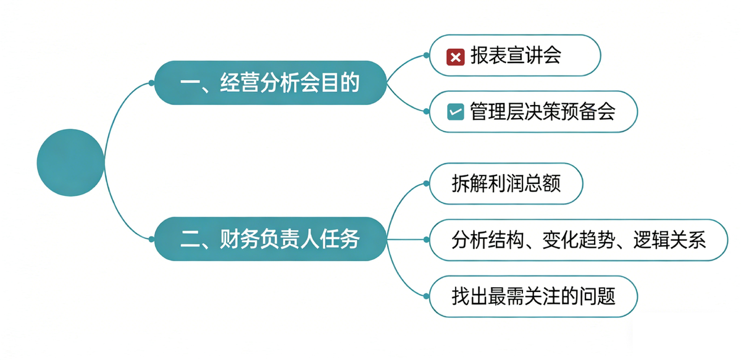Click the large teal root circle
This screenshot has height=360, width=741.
point(70,162)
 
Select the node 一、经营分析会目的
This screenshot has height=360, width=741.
point(270,83)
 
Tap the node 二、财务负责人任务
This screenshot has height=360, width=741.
point(270,239)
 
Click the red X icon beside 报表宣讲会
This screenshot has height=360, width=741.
point(455,57)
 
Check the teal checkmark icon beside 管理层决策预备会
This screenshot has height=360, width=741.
point(455,112)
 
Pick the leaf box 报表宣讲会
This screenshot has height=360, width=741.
point(515,56)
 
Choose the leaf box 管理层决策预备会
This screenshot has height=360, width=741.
point(532,112)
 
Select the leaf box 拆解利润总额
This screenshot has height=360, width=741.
point(506,183)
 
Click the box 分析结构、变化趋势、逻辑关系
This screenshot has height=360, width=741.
point(578,240)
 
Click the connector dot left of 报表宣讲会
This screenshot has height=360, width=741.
point(426,55)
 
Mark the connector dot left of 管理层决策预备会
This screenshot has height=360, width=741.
point(426,111)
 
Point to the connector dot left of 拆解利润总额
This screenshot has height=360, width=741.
point(426,183)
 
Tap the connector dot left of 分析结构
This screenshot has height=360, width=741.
point(426,240)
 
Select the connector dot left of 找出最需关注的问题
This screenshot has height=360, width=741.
point(426,296)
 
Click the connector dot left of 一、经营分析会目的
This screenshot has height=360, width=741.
point(151,83)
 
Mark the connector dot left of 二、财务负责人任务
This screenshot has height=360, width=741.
point(151,239)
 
